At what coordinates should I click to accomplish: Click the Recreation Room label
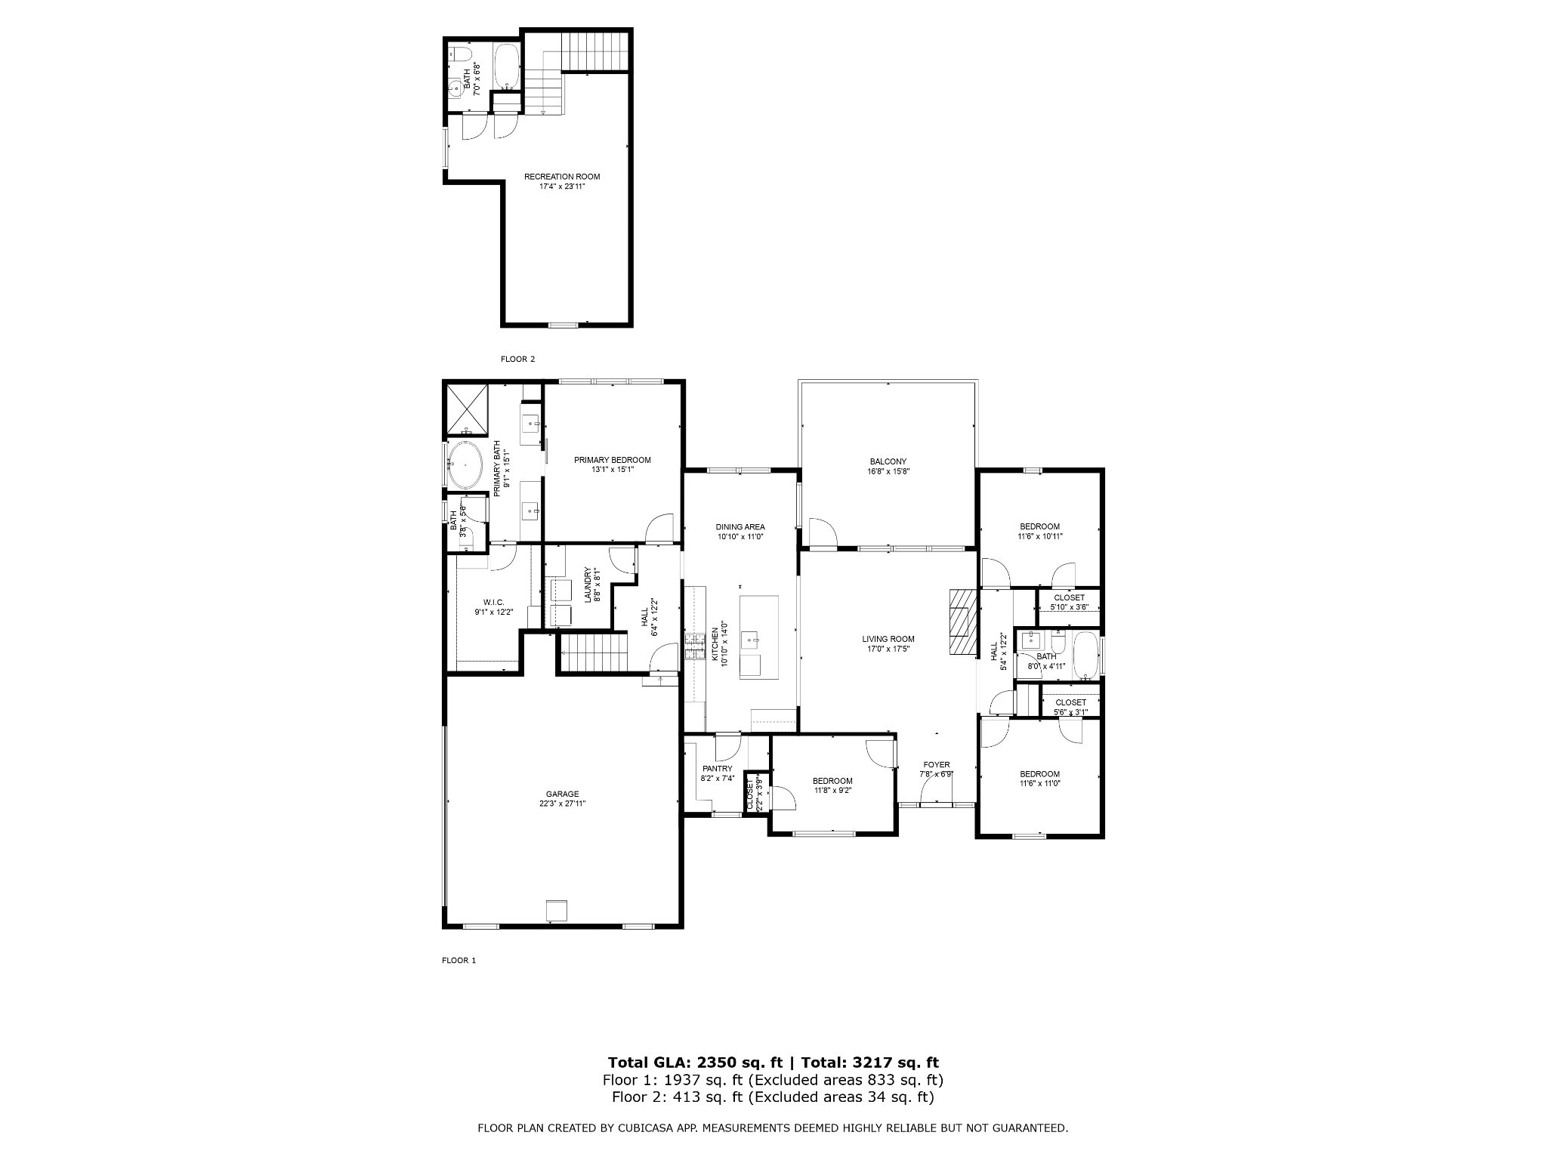(562, 177)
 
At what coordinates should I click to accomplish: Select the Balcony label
(888, 461)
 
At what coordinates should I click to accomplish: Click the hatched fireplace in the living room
(959, 622)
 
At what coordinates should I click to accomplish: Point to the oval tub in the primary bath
(465, 466)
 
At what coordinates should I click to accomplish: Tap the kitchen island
(758, 637)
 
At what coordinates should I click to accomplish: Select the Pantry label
(717, 769)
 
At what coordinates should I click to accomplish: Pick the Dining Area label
(740, 527)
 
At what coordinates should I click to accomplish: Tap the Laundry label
(588, 585)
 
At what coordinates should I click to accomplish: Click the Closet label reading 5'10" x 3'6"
(1069, 597)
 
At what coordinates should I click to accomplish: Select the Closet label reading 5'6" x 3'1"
(1070, 702)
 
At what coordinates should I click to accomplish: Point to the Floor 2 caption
(517, 359)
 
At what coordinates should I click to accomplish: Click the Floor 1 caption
(459, 961)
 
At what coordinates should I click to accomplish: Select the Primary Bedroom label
(612, 460)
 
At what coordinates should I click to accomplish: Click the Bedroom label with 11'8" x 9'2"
(832, 781)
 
